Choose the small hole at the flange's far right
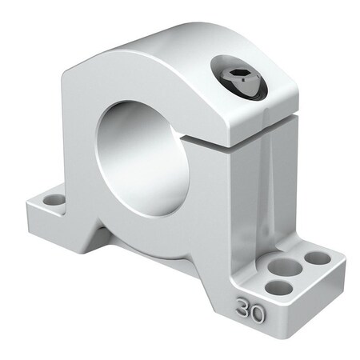318,258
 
